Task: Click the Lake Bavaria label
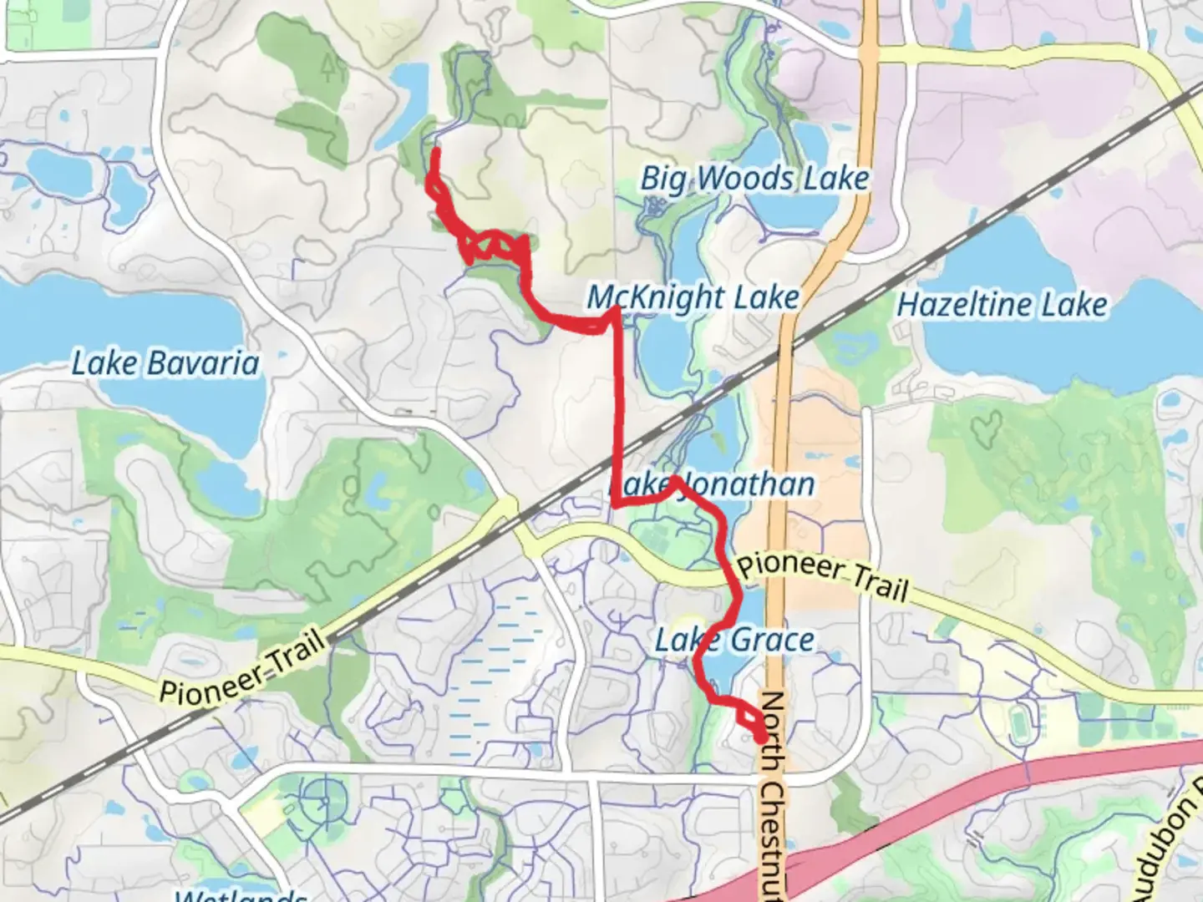pos(165,363)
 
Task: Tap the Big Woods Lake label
pos(754,178)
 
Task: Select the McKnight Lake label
pos(693,296)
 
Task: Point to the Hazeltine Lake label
pos(1002,304)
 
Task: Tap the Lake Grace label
pos(734,640)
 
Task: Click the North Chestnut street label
pos(773,793)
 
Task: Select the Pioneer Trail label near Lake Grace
pos(822,576)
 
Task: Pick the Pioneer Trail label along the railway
pos(242,668)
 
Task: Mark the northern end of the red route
pos(435,151)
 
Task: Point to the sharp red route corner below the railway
pos(616,504)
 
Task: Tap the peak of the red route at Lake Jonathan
pos(673,479)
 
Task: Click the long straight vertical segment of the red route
pos(619,393)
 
